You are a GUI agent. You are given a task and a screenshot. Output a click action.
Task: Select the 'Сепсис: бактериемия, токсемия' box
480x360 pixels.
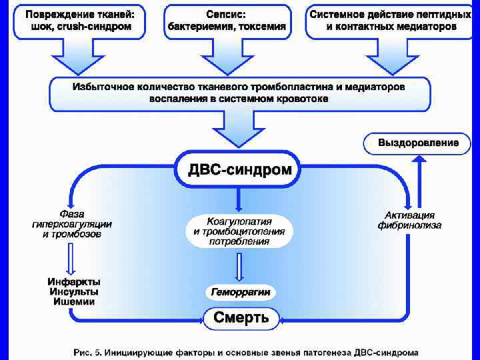pyautogui.click(x=227, y=21)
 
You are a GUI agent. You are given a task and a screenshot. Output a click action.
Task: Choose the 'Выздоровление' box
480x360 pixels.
pyautogui.click(x=418, y=143)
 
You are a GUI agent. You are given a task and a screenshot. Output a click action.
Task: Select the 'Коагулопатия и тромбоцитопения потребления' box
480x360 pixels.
pyautogui.click(x=239, y=231)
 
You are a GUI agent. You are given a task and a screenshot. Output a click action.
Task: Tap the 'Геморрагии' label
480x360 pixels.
pyautogui.click(x=240, y=292)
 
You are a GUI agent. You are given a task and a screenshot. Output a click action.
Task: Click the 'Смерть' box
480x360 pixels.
pyautogui.click(x=241, y=318)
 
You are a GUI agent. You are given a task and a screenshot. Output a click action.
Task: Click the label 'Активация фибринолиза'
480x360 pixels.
pyautogui.click(x=409, y=220)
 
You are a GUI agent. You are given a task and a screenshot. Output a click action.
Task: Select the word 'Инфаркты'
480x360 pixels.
pyautogui.click(x=74, y=281)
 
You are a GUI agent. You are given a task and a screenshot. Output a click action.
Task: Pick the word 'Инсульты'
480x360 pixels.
pyautogui.click(x=74, y=291)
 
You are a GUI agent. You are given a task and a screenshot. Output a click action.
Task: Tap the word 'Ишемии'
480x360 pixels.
pyautogui.click(x=74, y=301)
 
